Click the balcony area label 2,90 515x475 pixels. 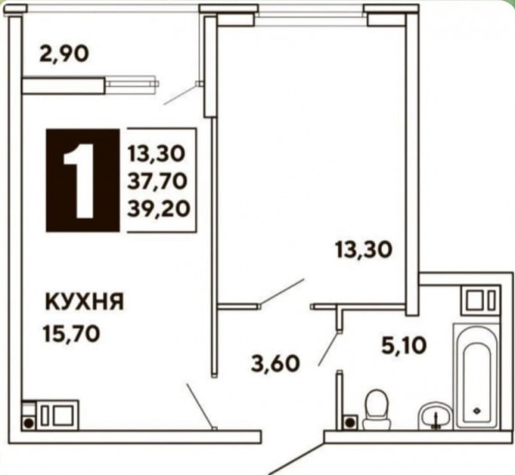(64, 54)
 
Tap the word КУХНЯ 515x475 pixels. (84, 302)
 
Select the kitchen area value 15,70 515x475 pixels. (71, 334)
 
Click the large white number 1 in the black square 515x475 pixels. (80, 180)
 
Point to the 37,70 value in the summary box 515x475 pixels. (157, 181)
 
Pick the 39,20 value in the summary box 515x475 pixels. (159, 209)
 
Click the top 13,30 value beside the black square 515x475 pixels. (157, 154)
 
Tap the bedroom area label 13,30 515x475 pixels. (364, 250)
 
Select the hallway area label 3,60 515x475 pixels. (276, 363)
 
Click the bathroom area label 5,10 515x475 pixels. (404, 346)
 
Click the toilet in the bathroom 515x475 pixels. (377, 409)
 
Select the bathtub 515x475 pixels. (476, 376)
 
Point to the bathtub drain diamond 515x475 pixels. (476, 411)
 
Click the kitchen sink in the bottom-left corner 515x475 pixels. (58, 415)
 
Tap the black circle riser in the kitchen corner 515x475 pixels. (29, 423)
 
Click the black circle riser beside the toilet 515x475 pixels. (350, 422)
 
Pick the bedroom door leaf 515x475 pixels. (282, 293)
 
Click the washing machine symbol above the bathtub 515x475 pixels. (481, 301)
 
